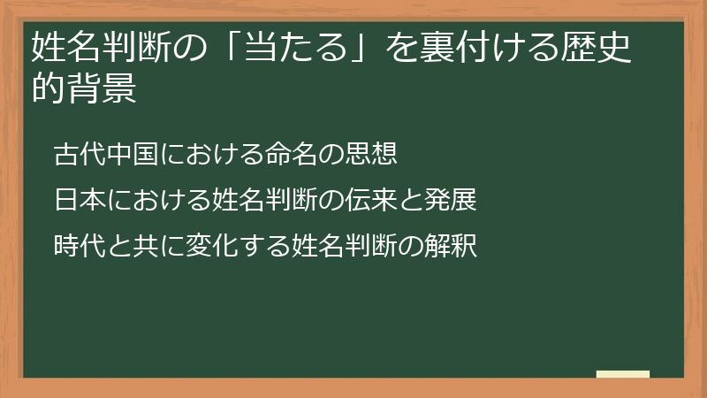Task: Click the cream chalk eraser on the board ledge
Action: click(622, 375)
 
